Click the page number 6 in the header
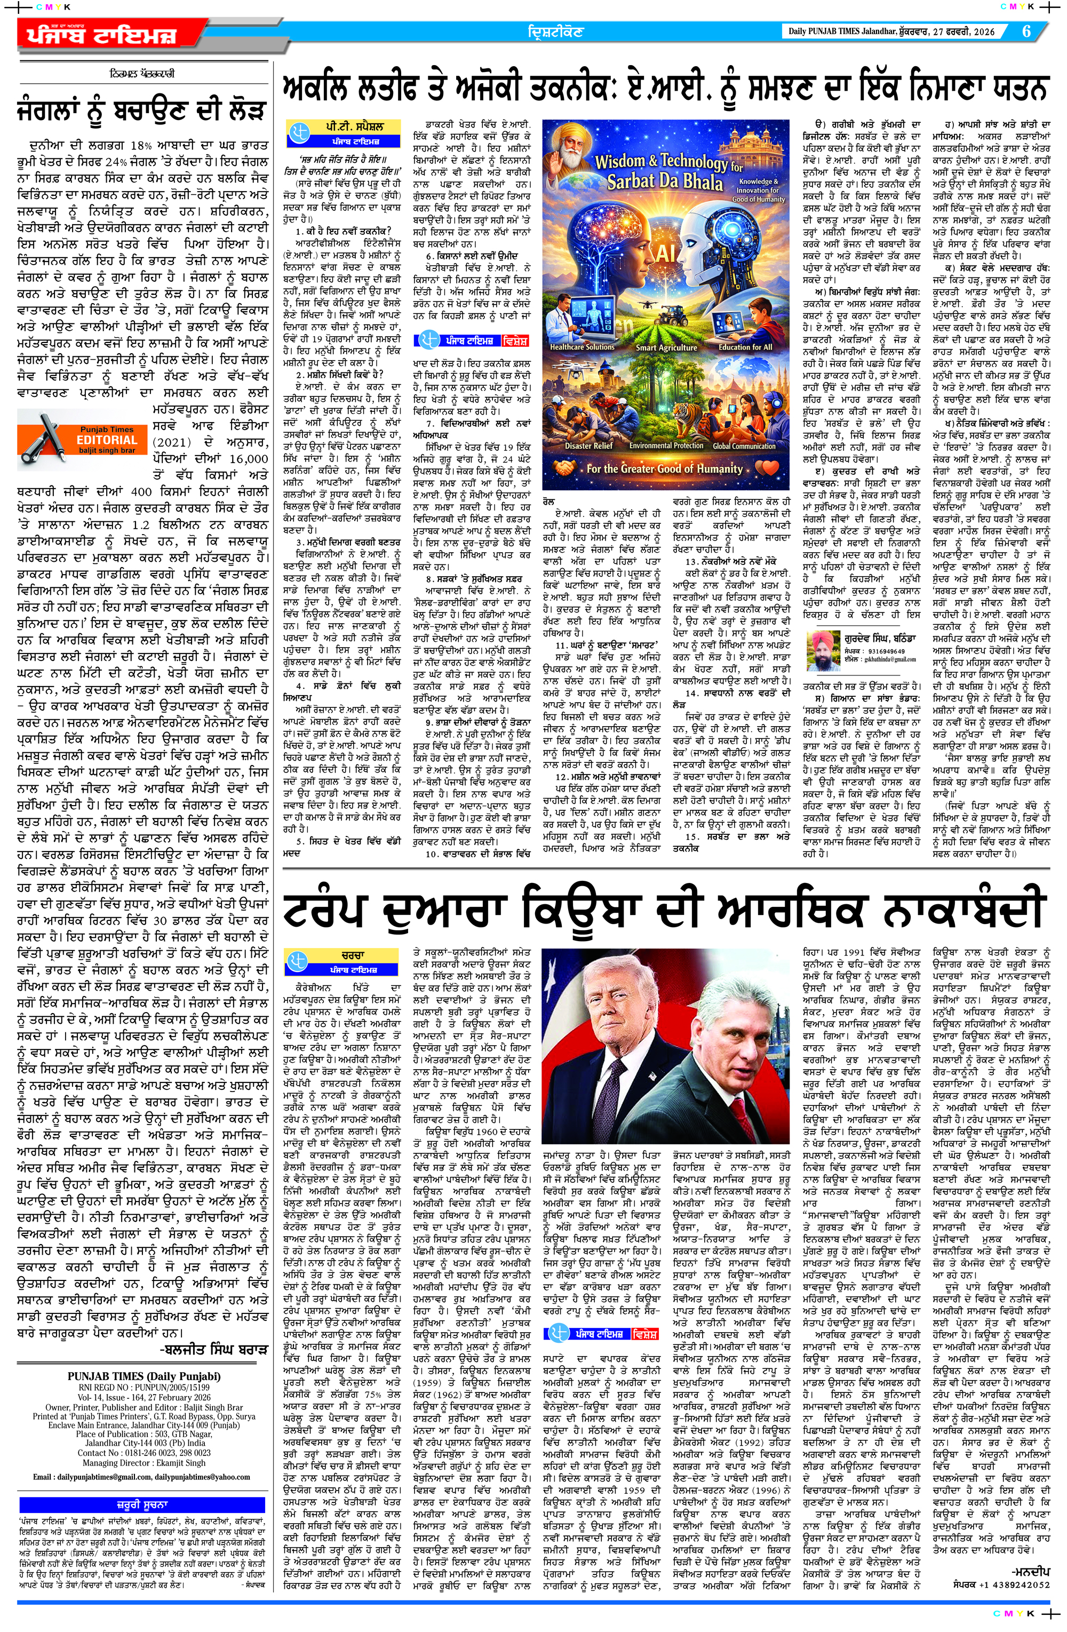(1026, 31)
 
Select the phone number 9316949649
(885, 651)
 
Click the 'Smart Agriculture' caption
(666, 347)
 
